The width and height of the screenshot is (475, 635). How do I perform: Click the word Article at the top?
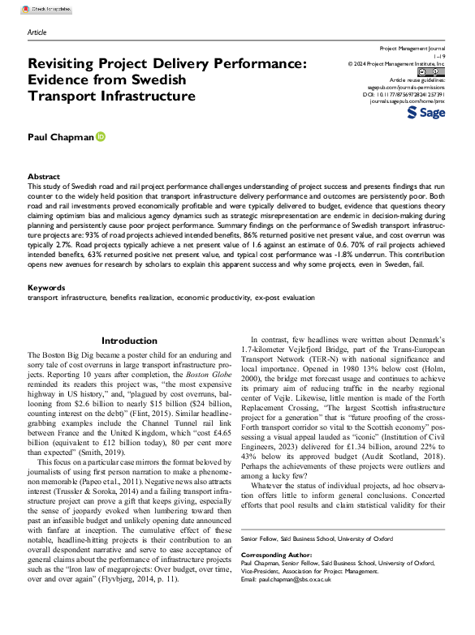(x=37, y=32)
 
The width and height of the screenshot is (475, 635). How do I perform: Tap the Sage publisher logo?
(x=425, y=113)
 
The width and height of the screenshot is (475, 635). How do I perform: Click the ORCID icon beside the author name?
(x=101, y=138)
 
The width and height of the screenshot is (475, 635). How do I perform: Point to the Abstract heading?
(x=43, y=176)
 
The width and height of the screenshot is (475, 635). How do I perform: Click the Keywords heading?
(x=46, y=288)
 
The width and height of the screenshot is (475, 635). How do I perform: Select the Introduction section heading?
(x=129, y=341)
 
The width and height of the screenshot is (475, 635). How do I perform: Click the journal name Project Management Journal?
(x=413, y=49)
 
